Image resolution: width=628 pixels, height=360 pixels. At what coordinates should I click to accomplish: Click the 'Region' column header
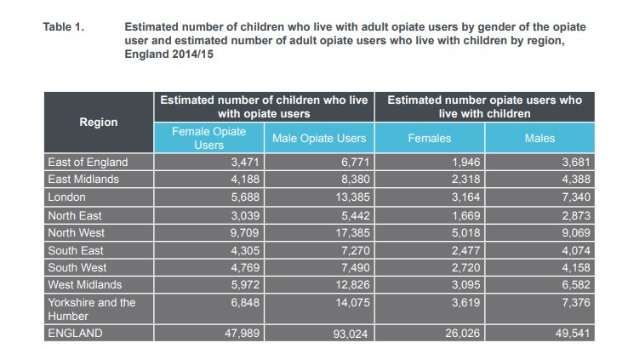click(98, 123)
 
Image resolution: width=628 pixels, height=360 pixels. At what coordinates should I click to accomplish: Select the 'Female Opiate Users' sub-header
click(208, 138)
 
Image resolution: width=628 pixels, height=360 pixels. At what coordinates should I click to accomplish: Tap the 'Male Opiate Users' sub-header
click(319, 138)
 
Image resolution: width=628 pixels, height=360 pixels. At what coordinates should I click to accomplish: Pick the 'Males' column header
click(540, 138)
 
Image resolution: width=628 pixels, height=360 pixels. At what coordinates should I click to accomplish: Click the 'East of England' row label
click(88, 163)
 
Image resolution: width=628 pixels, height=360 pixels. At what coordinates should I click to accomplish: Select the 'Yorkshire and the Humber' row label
click(91, 309)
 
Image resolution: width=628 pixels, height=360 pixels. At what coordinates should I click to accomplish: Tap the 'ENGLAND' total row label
click(75, 334)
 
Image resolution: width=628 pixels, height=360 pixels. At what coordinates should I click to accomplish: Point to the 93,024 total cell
click(348, 334)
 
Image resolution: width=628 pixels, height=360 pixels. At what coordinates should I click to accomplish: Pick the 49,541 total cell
click(570, 334)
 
